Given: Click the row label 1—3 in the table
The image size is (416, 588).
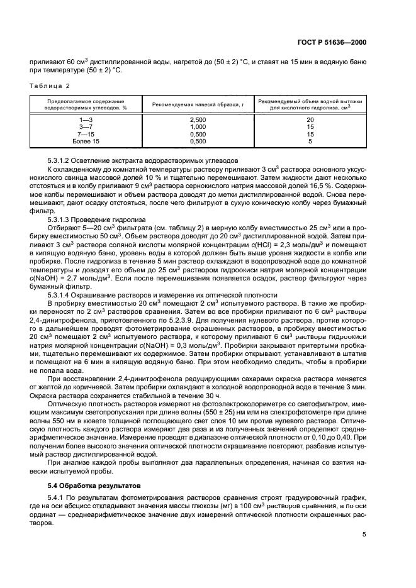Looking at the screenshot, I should (x=86, y=119).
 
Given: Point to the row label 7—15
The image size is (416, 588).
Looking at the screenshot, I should (x=86, y=134).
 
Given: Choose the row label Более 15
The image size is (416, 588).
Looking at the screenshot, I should (x=86, y=141).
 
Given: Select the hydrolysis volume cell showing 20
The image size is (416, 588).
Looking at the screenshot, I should (x=310, y=119).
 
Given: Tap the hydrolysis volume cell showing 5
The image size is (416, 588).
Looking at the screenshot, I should (x=310, y=141).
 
